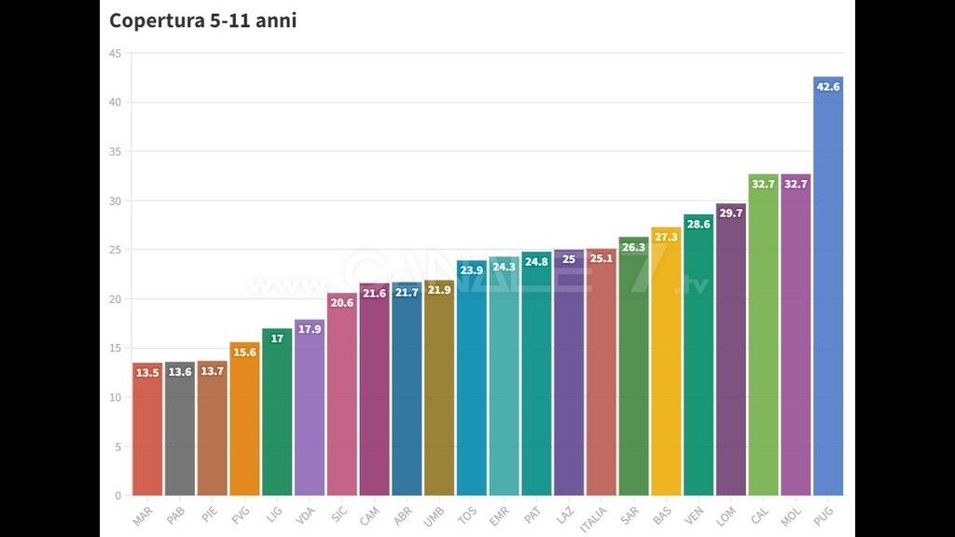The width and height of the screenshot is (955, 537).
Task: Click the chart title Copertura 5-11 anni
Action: point(202,21)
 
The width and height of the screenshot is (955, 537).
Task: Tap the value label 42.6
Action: point(828,87)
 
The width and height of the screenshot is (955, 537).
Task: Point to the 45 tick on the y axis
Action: point(115,53)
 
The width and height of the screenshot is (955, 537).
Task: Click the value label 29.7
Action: point(731,213)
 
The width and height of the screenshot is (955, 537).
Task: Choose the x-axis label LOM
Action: point(727,514)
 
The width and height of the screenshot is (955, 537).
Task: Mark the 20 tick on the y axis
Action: point(115,299)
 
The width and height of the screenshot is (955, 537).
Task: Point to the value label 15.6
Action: point(244,352)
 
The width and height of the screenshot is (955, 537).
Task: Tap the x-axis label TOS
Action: point(467,514)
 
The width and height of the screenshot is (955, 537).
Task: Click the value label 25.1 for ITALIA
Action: point(601,258)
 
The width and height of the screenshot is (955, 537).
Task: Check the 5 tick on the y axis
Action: point(118,447)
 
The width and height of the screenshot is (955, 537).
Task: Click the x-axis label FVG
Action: point(241,514)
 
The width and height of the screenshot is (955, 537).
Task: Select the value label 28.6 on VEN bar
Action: point(699,225)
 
